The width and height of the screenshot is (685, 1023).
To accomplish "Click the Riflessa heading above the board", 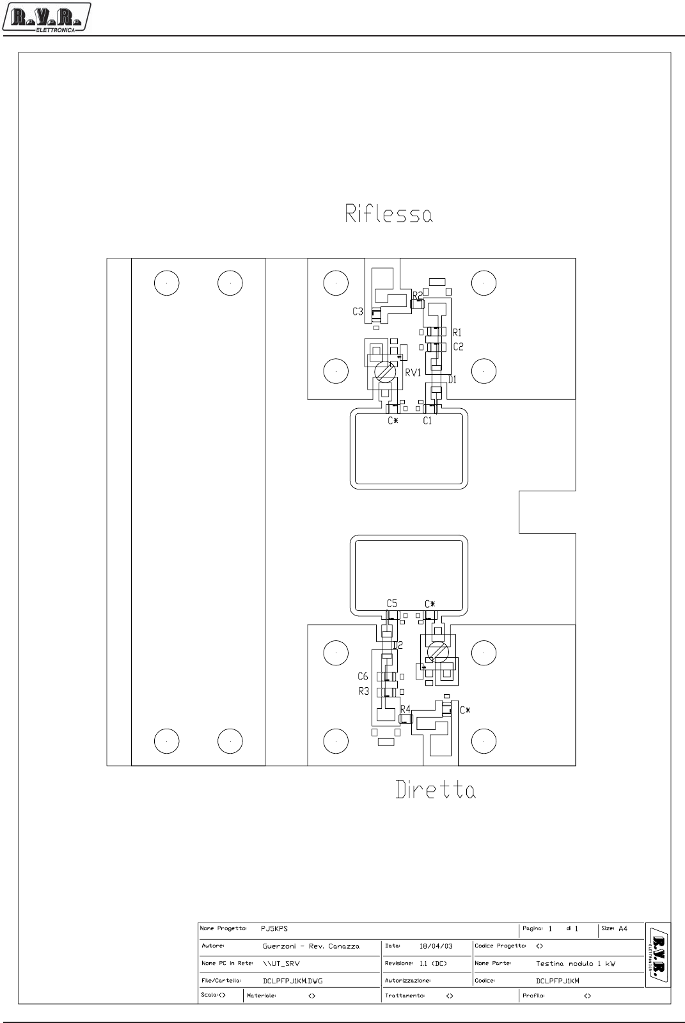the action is click(389, 214).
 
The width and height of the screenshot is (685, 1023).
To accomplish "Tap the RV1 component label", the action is click(413, 373).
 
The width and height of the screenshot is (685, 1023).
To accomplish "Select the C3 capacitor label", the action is click(358, 312).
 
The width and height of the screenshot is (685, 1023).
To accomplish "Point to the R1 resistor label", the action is click(457, 333).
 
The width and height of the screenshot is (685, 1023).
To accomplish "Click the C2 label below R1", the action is click(458, 347).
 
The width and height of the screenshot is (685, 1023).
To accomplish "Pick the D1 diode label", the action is click(452, 380).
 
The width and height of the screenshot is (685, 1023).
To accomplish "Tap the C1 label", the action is click(427, 421).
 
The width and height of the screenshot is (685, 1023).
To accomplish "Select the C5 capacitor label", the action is click(391, 604).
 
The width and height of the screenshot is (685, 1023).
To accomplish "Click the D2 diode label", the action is click(398, 645).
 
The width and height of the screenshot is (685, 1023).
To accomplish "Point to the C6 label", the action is click(363, 676).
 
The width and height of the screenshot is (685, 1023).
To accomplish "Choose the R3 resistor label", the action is click(363, 691).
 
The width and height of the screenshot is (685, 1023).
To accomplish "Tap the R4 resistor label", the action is click(405, 709).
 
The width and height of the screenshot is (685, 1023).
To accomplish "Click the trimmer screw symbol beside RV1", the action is click(384, 372).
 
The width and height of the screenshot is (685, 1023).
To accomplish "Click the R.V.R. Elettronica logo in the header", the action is click(46, 16).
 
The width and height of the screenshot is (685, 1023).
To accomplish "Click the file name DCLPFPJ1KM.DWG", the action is click(292, 981).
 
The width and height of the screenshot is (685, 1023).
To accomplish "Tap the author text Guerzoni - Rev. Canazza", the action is click(311, 946).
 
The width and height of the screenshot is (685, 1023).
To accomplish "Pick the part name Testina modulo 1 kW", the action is click(575, 964).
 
